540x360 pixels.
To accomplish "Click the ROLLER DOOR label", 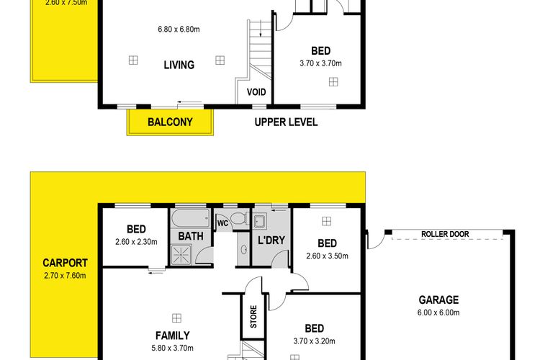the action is [x=445, y=234].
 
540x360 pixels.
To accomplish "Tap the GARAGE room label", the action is [x=438, y=300].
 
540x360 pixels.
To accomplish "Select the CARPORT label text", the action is [x=65, y=264].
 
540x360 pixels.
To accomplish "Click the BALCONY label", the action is [x=170, y=122].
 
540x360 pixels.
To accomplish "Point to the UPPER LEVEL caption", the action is [x=286, y=122].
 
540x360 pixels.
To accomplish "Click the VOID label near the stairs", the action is [x=256, y=92].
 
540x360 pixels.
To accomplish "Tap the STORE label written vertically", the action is [x=253, y=317].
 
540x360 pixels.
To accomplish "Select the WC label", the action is [x=222, y=223].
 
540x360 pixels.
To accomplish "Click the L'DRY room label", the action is [x=271, y=240].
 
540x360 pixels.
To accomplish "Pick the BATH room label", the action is [x=191, y=236].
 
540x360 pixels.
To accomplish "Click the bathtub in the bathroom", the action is [x=191, y=217].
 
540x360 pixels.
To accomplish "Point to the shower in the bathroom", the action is [x=181, y=255].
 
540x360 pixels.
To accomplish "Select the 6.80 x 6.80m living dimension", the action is [x=179, y=30].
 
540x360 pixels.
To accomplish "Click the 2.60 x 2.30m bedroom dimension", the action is [x=136, y=242].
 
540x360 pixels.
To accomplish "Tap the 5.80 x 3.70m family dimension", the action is [x=173, y=348].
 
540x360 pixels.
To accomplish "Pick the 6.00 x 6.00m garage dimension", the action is [x=438, y=312].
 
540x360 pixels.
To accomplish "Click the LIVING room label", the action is [x=179, y=65].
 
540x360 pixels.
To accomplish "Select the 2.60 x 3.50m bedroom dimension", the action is [x=327, y=256].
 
